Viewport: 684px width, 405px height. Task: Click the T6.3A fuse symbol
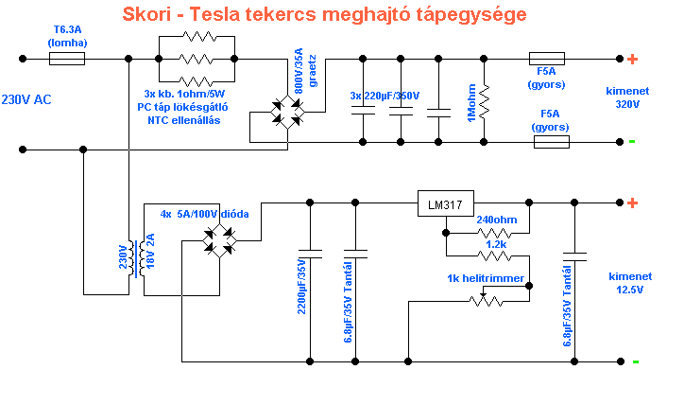point(66,59)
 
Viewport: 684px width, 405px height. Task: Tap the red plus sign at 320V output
point(632,59)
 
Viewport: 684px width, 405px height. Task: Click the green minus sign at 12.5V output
point(636,361)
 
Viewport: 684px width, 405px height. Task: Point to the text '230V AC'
point(27,99)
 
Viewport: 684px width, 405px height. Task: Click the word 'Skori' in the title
point(149,16)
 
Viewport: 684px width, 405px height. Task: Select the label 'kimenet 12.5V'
point(630,282)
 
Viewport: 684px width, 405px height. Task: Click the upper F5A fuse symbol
point(547,59)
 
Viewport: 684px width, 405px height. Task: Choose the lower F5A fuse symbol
point(551,142)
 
